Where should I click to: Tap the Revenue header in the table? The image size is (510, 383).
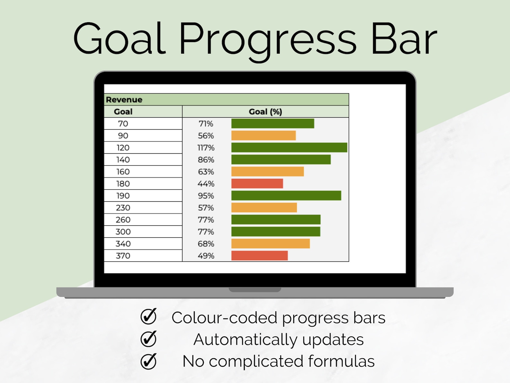click(x=124, y=100)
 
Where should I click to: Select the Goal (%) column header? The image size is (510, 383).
click(x=265, y=112)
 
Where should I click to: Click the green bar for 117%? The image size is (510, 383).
click(x=289, y=148)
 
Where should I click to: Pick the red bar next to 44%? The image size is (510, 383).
click(x=257, y=184)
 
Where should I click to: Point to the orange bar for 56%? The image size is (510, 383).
click(x=263, y=136)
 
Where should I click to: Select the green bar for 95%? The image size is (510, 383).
click(x=286, y=196)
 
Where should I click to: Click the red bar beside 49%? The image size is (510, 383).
click(x=259, y=256)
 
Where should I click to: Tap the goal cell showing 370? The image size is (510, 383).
click(x=123, y=256)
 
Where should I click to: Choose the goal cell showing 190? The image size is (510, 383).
click(x=123, y=196)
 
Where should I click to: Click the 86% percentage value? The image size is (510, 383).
click(x=206, y=160)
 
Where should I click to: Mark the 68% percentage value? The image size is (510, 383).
click(x=206, y=244)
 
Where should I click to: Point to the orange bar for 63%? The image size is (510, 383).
click(x=267, y=172)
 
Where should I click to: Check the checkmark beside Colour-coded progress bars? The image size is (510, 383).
click(x=148, y=316)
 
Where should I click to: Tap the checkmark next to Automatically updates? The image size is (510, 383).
click(x=148, y=339)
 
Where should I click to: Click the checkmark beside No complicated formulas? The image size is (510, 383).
click(x=148, y=361)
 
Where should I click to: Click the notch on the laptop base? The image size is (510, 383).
click(x=255, y=290)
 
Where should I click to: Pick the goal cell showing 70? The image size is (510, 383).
click(x=123, y=124)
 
